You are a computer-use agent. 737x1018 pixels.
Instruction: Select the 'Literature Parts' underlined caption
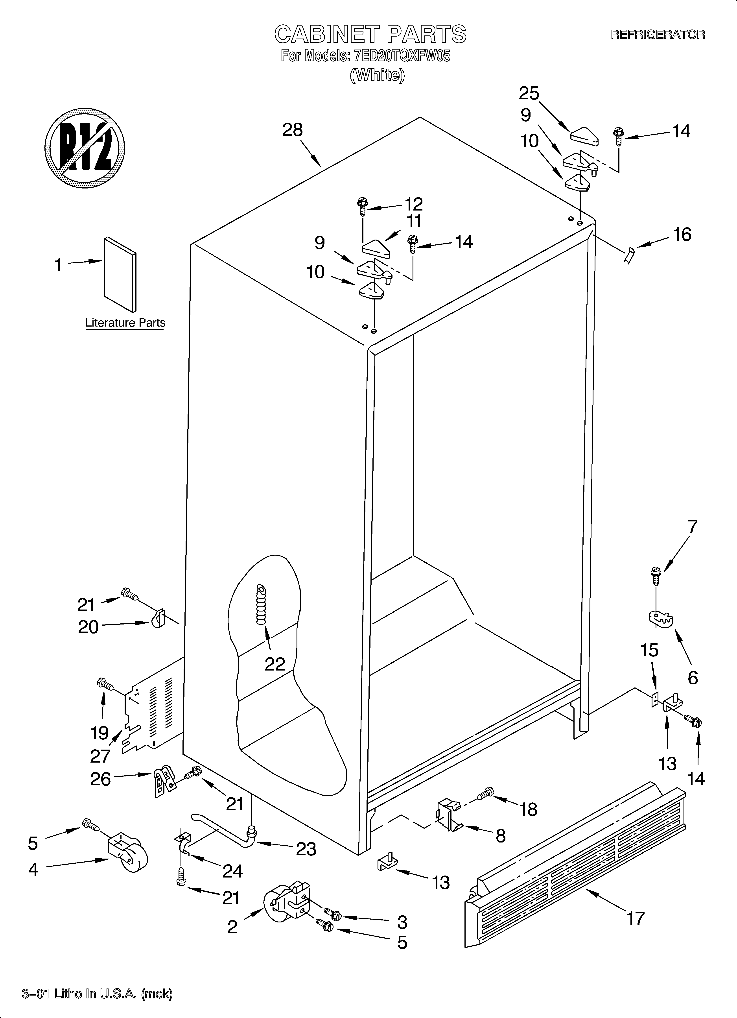pos(125,323)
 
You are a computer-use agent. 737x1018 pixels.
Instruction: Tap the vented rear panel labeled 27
pos(153,714)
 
